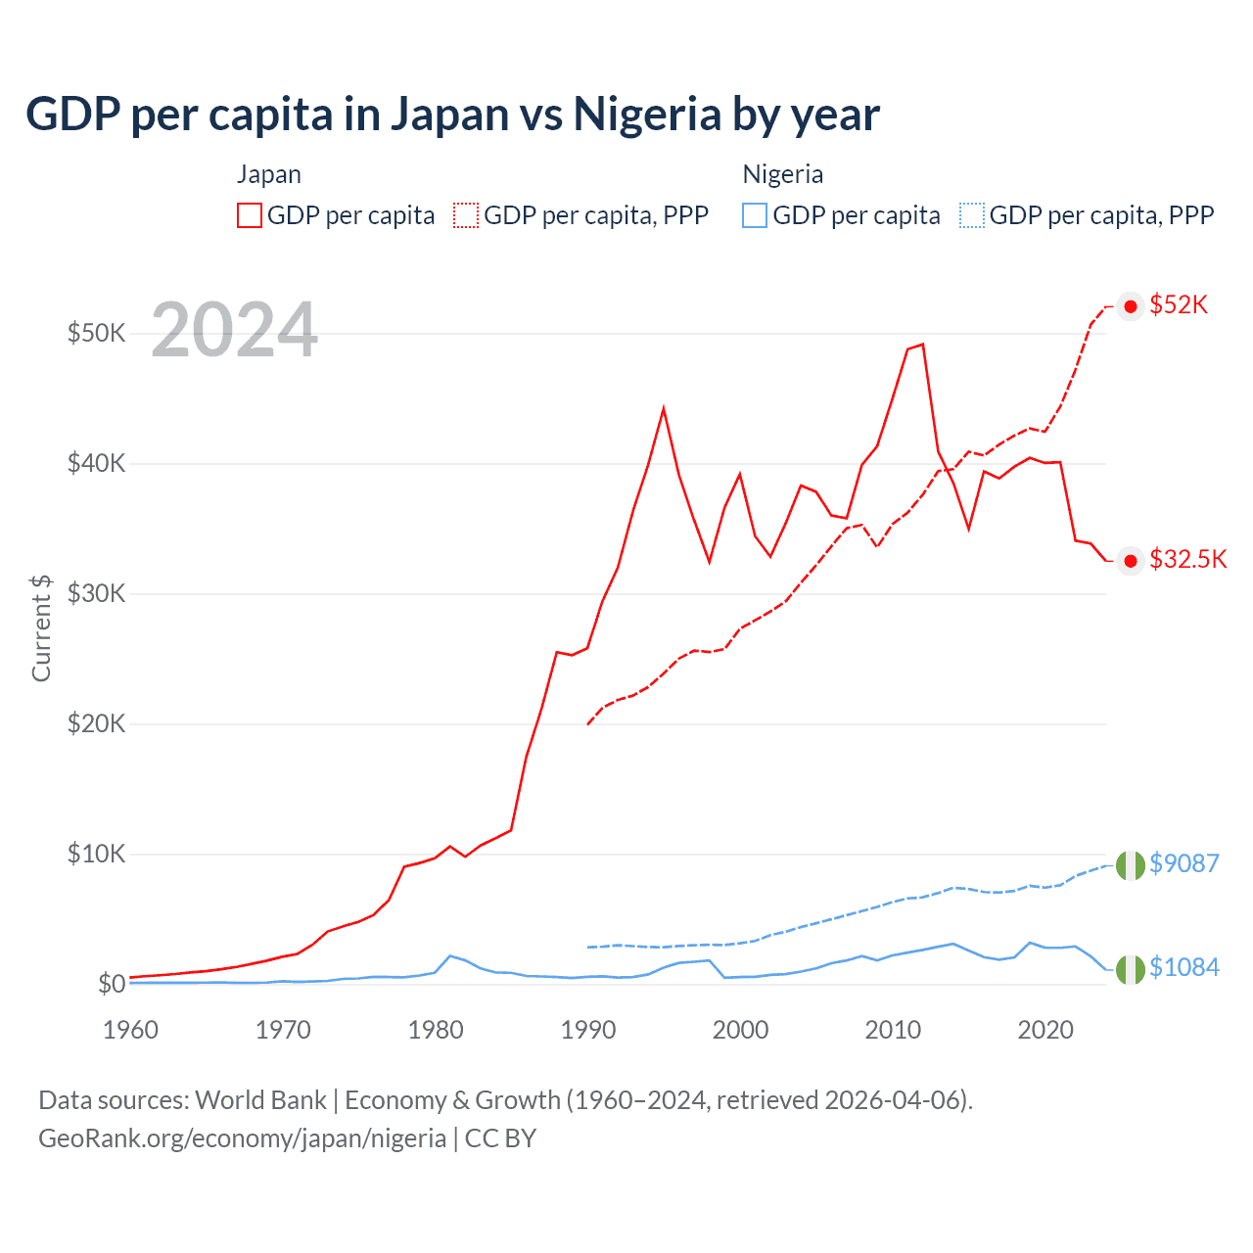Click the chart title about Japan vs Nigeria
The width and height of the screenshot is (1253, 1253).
click(x=452, y=114)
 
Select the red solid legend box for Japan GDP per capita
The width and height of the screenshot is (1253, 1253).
click(x=250, y=215)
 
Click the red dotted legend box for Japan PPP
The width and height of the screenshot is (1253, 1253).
click(x=466, y=215)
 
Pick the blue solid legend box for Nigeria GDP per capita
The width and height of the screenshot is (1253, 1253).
click(x=755, y=215)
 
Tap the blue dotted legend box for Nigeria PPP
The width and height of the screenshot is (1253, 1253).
click(x=972, y=215)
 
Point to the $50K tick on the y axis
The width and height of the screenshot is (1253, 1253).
click(x=96, y=333)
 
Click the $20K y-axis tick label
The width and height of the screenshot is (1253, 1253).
click(x=96, y=723)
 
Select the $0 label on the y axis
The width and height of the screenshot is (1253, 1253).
click(x=112, y=984)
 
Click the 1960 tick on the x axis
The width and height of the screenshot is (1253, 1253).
click(x=130, y=1030)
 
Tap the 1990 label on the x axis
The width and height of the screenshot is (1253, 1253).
click(x=588, y=1030)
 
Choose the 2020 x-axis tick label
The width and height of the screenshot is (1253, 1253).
click(x=1045, y=1030)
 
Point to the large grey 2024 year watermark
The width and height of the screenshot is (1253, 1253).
click(x=234, y=331)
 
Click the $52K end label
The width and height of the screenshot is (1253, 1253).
click(x=1179, y=305)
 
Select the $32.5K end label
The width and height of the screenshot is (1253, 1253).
click(x=1187, y=559)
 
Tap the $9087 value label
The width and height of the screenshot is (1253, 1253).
click(x=1183, y=863)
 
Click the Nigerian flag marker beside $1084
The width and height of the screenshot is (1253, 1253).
click(x=1131, y=969)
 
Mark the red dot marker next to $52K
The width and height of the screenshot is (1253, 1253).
click(x=1131, y=306)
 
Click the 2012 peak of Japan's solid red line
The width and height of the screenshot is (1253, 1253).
click(x=922, y=345)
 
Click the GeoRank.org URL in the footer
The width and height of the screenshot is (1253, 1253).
click(x=242, y=1138)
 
